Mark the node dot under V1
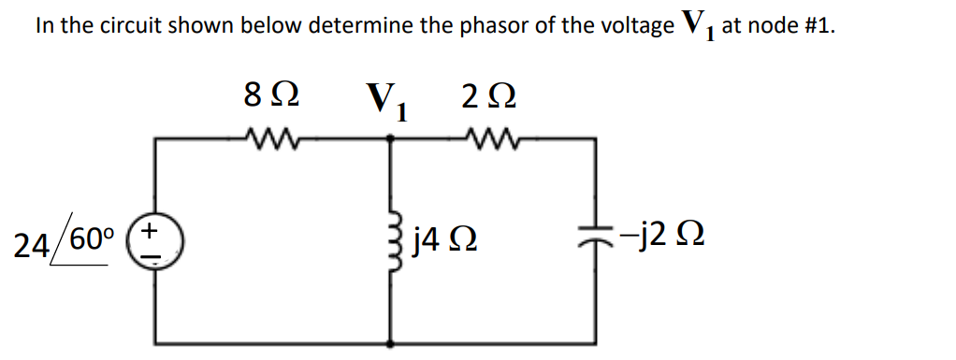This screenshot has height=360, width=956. (391, 137)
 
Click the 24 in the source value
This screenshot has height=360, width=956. (35, 245)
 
